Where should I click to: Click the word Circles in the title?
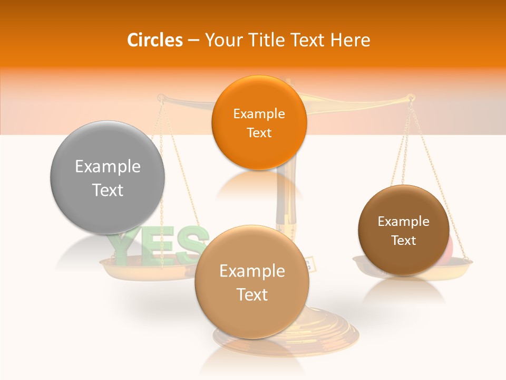click(155, 40)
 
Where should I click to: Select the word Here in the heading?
click(350, 40)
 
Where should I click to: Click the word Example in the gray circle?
click(108, 167)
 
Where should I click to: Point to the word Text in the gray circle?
click(108, 190)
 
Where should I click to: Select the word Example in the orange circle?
click(259, 114)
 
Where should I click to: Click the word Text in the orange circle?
click(259, 132)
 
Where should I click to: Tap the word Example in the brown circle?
click(403, 222)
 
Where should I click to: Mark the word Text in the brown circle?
click(403, 241)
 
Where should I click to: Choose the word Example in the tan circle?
click(252, 271)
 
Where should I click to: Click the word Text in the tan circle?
click(252, 294)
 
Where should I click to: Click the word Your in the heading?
click(222, 40)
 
